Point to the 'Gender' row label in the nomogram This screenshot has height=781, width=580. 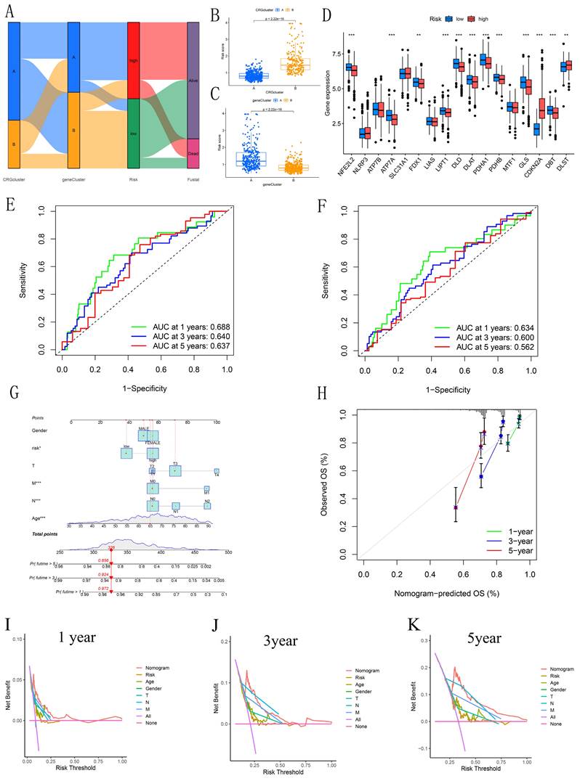(x=40, y=430)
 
